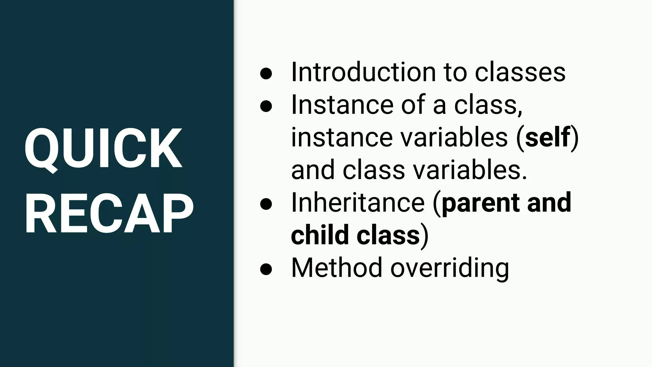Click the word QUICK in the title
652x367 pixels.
point(103,148)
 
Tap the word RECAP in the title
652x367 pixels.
point(109,214)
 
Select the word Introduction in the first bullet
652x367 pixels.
point(363,72)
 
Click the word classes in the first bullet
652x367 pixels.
point(520,72)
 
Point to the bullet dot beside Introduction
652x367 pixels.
point(266,73)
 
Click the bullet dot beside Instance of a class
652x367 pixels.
point(266,106)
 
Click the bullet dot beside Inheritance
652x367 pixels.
point(266,204)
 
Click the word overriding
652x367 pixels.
point(450,268)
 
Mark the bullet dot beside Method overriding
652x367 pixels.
point(266,269)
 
